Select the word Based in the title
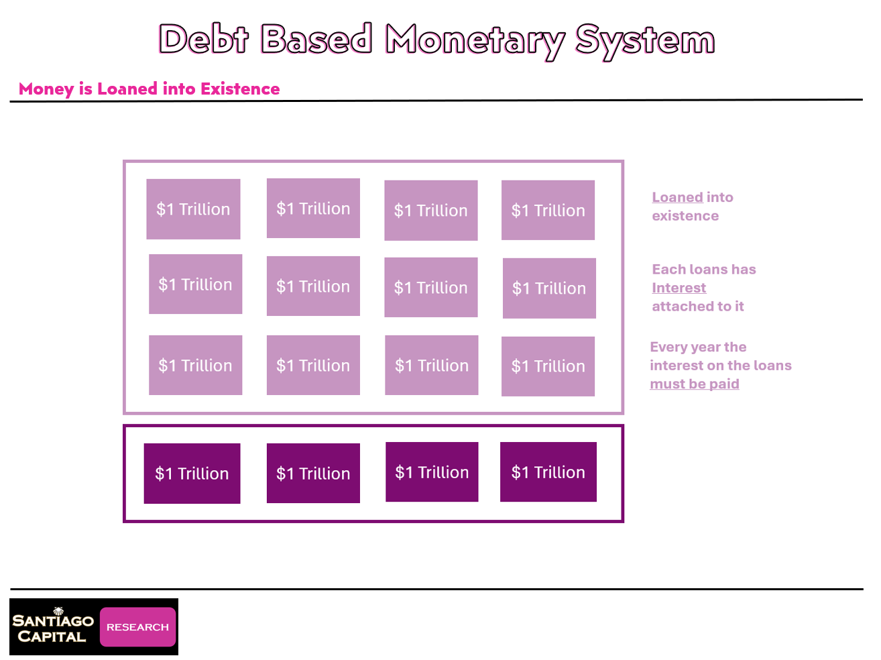(316, 39)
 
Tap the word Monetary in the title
(475, 40)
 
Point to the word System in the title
(645, 40)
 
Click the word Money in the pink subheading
(46, 89)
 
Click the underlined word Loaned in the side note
(677, 197)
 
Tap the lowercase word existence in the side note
(685, 216)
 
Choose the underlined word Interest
(679, 288)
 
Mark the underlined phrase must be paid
(694, 384)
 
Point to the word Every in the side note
(667, 347)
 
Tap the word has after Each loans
(744, 270)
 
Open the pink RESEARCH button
(137, 627)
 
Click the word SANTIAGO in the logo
(53, 621)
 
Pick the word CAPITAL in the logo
(52, 637)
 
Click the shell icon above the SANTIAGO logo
(58, 610)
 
